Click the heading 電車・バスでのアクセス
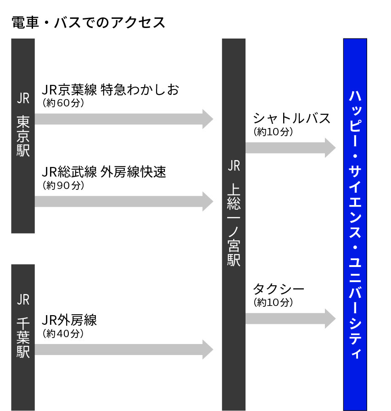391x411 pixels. click(x=89, y=22)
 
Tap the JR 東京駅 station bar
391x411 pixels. click(x=23, y=136)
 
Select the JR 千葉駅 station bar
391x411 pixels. click(x=23, y=338)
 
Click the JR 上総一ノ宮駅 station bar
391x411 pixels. click(x=234, y=225)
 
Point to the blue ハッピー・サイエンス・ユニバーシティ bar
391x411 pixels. click(x=355, y=225)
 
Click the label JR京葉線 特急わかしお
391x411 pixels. click(x=111, y=89)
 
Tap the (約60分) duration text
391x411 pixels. click(x=63, y=103)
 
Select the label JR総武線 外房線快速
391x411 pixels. click(x=104, y=172)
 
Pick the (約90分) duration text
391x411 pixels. click(x=63, y=185)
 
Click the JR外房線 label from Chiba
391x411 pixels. click(x=69, y=320)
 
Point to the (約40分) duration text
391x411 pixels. click(x=63, y=333)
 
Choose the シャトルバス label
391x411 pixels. click(x=291, y=118)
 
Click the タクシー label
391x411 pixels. click(x=279, y=289)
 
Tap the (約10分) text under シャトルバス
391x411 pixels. click(x=273, y=132)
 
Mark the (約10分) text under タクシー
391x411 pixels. click(x=273, y=302)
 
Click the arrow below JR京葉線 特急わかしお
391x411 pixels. click(x=124, y=119)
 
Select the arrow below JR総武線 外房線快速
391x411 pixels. click(x=124, y=201)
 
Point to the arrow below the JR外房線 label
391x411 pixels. click(x=124, y=350)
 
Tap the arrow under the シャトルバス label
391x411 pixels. click(x=290, y=148)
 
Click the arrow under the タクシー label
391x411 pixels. click(x=290, y=318)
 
